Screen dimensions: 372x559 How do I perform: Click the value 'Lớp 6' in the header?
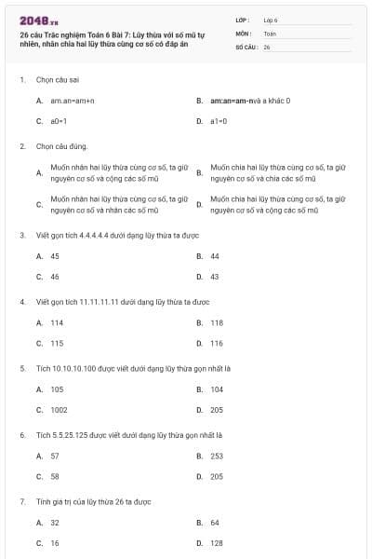tap(271, 20)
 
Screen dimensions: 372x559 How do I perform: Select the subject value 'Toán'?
tap(271, 33)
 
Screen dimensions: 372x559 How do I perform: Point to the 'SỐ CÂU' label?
tap(246, 46)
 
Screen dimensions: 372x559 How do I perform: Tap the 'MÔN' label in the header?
tap(243, 33)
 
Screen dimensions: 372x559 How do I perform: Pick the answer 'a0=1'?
tap(59, 121)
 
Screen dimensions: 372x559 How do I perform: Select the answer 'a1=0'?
tap(219, 121)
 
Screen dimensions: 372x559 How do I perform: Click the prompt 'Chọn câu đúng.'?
tap(62, 146)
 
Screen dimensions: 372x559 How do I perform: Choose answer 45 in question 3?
tap(55, 256)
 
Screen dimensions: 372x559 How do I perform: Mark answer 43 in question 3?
tap(215, 277)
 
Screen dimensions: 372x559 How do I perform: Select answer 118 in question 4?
tap(217, 322)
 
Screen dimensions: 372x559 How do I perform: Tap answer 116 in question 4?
tap(217, 343)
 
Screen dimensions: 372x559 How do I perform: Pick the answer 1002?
tap(59, 410)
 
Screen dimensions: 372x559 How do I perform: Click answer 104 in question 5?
tap(217, 389)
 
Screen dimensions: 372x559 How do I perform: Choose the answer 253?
tap(217, 457)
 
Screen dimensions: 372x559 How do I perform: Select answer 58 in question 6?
tap(55, 477)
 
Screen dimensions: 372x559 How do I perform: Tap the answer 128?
tap(217, 543)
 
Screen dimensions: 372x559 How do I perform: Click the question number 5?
tap(22, 368)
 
